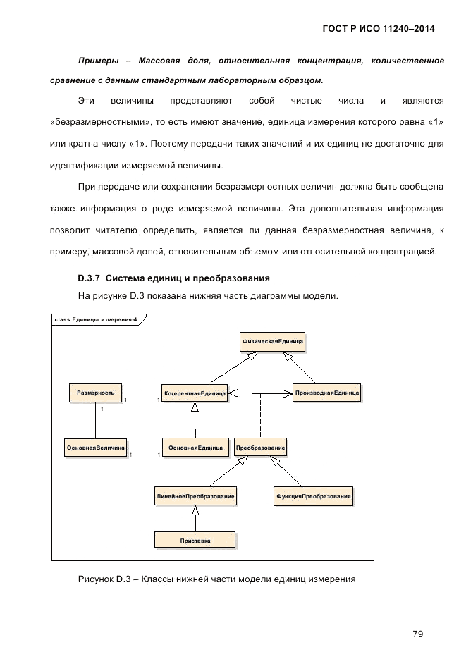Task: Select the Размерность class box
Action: coord(95,392)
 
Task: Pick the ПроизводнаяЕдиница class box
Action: coord(326,392)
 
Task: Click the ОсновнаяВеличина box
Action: coord(95,447)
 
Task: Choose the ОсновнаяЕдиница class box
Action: coord(195,447)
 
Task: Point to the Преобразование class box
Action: coord(261,447)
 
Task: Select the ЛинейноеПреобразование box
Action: coord(195,497)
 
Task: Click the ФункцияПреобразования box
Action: coord(313,497)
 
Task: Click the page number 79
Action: coord(417,615)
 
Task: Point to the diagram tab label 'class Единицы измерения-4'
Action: coord(95,319)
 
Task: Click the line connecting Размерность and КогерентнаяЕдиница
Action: coord(141,392)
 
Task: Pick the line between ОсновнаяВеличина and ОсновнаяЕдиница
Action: coord(145,447)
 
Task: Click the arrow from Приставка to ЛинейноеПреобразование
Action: coord(195,519)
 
